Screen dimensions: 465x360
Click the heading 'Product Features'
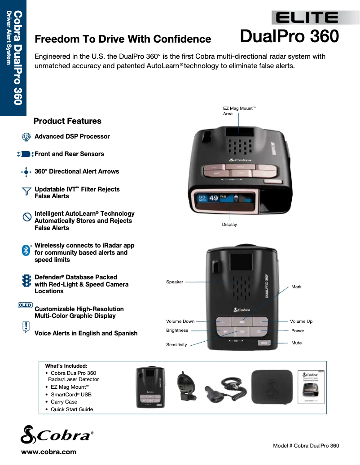coord(67,121)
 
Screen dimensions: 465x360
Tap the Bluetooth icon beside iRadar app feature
coord(26,250)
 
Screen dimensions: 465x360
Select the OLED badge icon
coord(25,305)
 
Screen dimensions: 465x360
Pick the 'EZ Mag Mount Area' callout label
coord(238,111)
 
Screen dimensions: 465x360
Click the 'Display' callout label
coord(229,224)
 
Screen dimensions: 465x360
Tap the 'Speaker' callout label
coord(175,282)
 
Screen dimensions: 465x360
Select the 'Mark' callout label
coord(296,287)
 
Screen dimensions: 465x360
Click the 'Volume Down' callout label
coord(180,322)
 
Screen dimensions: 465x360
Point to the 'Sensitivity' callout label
coord(176,345)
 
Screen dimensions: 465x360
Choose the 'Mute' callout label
coord(296,343)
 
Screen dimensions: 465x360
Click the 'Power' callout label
coord(298,331)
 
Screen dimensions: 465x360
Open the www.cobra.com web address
coord(49,452)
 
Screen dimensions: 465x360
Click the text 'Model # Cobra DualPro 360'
coord(306,446)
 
